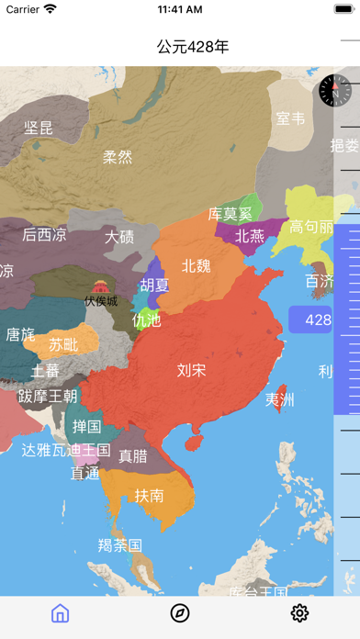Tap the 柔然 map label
click(118, 157)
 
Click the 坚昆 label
click(39, 128)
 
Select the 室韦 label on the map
click(290, 118)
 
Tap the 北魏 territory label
click(196, 265)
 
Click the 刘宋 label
click(191, 370)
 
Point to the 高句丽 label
click(311, 227)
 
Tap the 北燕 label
click(250, 236)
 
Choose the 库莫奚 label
click(229, 214)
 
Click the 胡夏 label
click(154, 285)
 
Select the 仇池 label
click(146, 320)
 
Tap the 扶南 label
click(149, 495)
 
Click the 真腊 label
click(133, 456)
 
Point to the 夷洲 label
click(280, 399)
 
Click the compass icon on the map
click(332, 90)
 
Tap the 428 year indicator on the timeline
click(318, 320)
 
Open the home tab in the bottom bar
click(61, 613)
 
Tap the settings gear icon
click(299, 613)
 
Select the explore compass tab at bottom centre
click(180, 613)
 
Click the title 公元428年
click(193, 46)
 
